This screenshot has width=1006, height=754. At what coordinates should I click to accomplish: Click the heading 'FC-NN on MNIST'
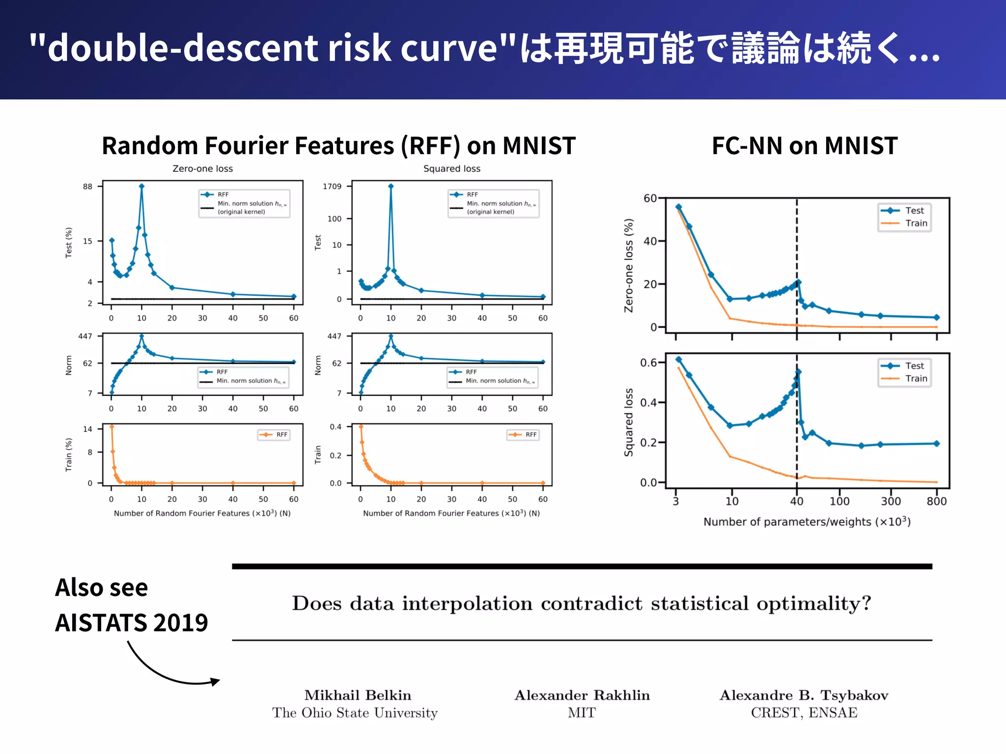[805, 146]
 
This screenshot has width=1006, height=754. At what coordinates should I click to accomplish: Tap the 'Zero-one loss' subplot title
[202, 168]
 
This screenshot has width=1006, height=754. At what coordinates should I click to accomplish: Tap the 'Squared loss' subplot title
[451, 168]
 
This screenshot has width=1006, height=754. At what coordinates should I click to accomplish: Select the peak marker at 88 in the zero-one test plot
[141, 186]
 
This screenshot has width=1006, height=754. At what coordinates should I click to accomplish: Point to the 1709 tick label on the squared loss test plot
[332, 187]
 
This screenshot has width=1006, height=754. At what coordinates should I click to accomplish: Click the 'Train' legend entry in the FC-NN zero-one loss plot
[916, 223]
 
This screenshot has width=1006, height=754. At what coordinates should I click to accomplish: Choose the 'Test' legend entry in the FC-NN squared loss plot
[914, 366]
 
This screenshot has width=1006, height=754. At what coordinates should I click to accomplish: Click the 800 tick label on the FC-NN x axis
[936, 501]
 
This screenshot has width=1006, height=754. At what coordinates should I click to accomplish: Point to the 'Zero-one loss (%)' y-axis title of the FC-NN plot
[628, 265]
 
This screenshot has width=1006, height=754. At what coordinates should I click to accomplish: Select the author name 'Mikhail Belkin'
[358, 695]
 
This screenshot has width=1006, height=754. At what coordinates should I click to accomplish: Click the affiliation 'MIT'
[582, 713]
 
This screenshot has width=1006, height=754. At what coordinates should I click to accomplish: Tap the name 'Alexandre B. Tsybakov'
[804, 695]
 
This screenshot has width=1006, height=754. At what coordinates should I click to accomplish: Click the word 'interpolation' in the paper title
[467, 603]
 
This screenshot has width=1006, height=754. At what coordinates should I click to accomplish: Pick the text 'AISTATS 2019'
[131, 622]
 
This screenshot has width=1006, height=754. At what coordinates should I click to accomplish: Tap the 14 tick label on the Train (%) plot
[87, 429]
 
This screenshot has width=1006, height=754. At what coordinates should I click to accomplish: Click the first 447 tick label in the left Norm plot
[85, 336]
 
